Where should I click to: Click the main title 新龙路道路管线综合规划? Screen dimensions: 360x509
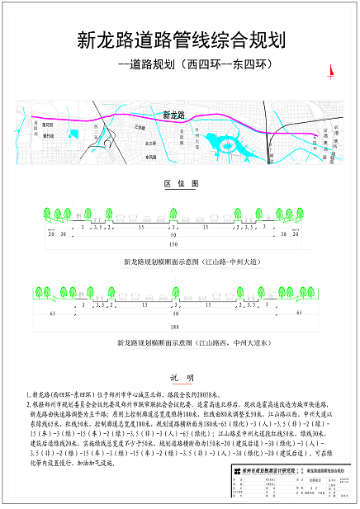tap(180, 39)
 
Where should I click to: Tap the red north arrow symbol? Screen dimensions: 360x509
tap(329, 73)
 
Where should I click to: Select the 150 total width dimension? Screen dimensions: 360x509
tap(173, 245)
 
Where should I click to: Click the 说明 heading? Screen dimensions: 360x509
tap(181, 378)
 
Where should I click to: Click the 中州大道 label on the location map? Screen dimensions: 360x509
tap(197, 134)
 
